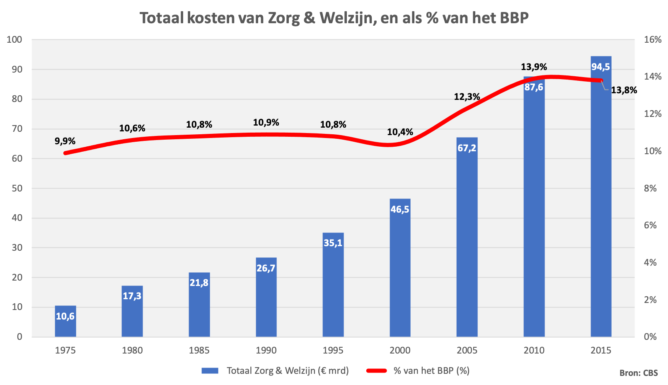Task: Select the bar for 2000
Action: point(400,269)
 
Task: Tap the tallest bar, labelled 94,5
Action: point(601,199)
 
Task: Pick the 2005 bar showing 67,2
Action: point(467,240)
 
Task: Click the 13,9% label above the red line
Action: point(534,67)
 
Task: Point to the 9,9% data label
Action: point(65,141)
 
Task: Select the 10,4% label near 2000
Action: point(400,132)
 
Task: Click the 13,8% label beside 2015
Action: point(624,90)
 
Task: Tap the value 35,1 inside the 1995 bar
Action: point(333,242)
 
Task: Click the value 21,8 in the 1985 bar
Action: point(199,283)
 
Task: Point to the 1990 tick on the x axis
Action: point(266,350)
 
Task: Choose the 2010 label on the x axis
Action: point(534,350)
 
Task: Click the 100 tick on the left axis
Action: point(15,40)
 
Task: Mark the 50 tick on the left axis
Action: point(17,188)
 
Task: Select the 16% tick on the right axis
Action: point(653,40)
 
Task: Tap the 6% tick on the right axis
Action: point(650,225)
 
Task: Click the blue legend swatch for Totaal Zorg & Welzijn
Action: point(210,370)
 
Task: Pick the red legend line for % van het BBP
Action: point(376,370)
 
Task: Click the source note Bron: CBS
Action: point(639,373)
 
